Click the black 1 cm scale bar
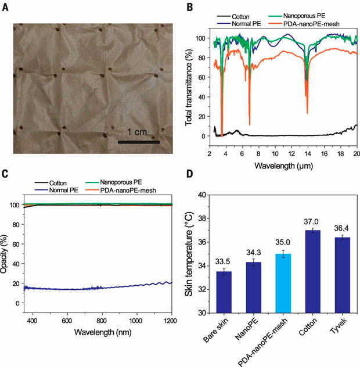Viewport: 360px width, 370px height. click(139, 141)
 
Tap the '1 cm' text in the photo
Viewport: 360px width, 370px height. click(137, 130)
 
